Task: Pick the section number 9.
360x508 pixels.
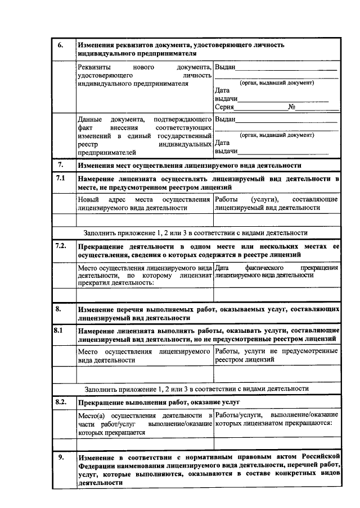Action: tap(61, 457)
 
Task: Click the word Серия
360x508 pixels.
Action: tap(224, 107)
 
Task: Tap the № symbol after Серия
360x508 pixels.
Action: tap(291, 107)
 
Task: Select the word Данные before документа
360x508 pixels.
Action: tap(91, 119)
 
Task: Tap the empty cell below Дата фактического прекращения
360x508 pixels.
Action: tap(277, 294)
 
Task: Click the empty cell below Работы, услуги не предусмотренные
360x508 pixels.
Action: tap(277, 374)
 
